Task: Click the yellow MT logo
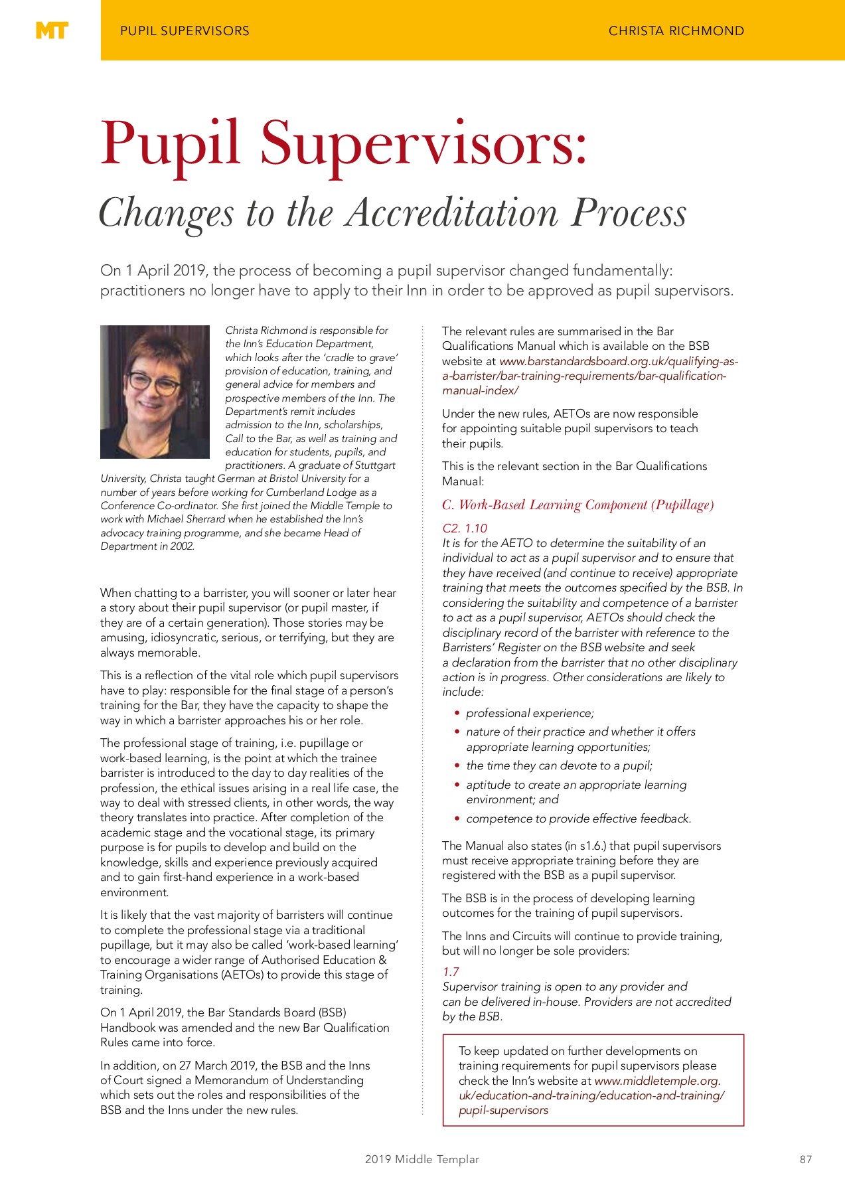pyautogui.click(x=51, y=31)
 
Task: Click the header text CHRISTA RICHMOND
pyautogui.click(x=676, y=31)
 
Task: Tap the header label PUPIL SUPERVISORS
pyautogui.click(x=185, y=31)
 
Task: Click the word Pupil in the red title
pyautogui.click(x=169, y=143)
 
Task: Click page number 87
pyautogui.click(x=805, y=1159)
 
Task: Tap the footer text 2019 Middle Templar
pyautogui.click(x=422, y=1159)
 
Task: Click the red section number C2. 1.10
pyautogui.click(x=465, y=528)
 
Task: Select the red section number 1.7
pyautogui.click(x=451, y=971)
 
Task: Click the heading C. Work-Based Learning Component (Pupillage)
pyautogui.click(x=577, y=505)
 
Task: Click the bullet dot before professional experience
pyautogui.click(x=457, y=713)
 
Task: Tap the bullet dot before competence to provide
pyautogui.click(x=457, y=819)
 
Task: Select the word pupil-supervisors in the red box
pyautogui.click(x=503, y=1110)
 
